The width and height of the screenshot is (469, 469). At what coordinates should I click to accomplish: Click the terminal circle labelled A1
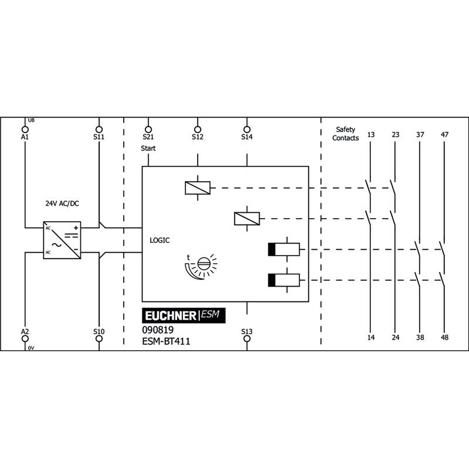[25, 130]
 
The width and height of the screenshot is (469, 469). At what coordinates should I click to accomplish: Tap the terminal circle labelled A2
[25, 339]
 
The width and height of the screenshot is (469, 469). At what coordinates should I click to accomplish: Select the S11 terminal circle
[99, 130]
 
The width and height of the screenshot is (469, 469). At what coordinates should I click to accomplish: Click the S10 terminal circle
[99, 339]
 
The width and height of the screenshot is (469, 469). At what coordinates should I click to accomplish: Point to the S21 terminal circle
[148, 130]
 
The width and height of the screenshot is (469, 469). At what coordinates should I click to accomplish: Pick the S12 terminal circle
[198, 130]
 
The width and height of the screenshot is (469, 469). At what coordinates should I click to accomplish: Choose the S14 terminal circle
[247, 130]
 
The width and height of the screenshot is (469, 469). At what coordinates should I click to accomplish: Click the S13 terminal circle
[247, 339]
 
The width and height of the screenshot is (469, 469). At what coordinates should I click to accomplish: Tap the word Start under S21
[148, 148]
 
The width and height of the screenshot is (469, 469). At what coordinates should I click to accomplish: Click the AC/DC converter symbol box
[62, 240]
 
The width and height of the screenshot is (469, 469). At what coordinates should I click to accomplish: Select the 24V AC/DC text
[62, 203]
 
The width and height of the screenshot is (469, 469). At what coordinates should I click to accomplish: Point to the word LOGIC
[159, 240]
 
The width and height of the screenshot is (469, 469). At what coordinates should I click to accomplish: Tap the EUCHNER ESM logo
[183, 315]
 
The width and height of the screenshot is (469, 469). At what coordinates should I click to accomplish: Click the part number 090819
[158, 330]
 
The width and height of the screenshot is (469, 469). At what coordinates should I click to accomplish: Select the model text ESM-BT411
[166, 341]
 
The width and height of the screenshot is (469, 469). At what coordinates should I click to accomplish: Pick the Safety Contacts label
[345, 134]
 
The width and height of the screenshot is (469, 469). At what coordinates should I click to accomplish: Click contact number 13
[371, 135]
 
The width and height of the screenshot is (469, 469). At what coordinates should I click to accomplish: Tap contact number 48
[445, 338]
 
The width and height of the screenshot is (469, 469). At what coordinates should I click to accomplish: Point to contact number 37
[420, 135]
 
